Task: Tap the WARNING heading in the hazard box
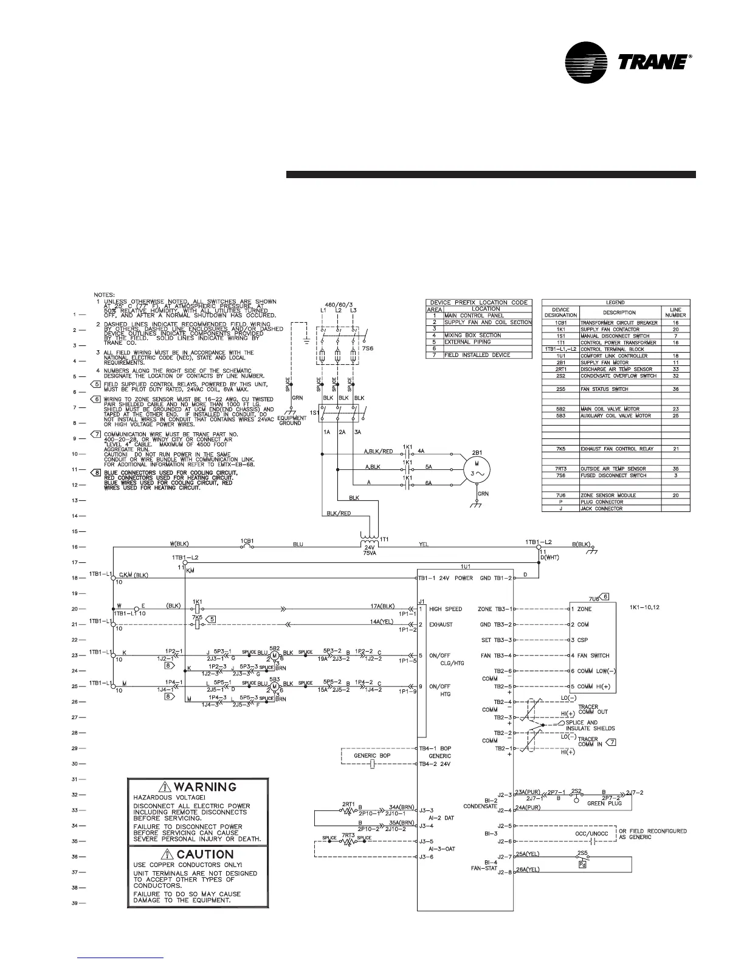pos(198,787)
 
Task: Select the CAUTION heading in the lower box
pos(198,855)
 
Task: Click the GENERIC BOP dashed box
pos(372,756)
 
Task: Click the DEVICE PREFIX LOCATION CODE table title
pos(479,302)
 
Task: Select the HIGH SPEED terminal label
pos(446,609)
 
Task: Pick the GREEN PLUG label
pos(604,803)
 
